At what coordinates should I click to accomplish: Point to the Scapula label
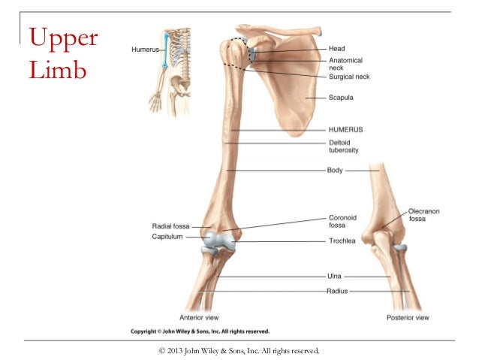coord(341,98)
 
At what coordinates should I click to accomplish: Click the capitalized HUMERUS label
coord(345,129)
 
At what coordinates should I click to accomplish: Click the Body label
coord(335,171)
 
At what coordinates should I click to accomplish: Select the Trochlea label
coord(342,241)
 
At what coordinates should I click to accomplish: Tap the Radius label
coord(337,290)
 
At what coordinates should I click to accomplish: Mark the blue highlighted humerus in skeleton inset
coord(165,53)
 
